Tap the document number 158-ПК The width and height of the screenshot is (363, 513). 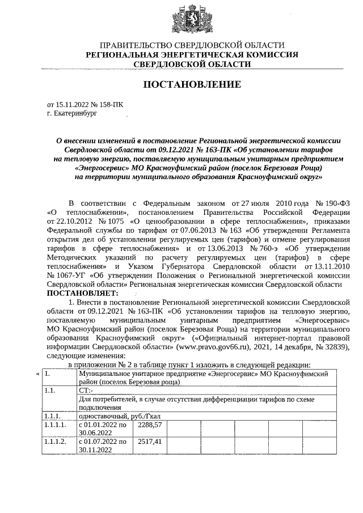coord(109,105)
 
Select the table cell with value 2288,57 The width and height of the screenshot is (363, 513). coord(150,425)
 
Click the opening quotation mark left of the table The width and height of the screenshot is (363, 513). coord(38,374)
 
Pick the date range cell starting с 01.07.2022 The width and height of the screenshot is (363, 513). coord(103,444)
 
